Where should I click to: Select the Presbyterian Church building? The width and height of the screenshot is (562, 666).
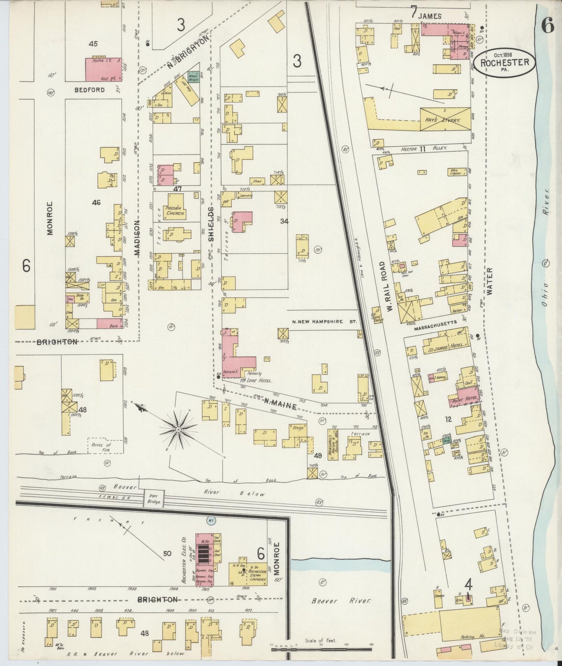pyautogui.click(x=175, y=210)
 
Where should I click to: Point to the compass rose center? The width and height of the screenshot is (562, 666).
pyautogui.click(x=178, y=429)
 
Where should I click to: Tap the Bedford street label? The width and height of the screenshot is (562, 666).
pyautogui.click(x=90, y=90)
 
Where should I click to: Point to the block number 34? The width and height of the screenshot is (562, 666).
pyautogui.click(x=284, y=221)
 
